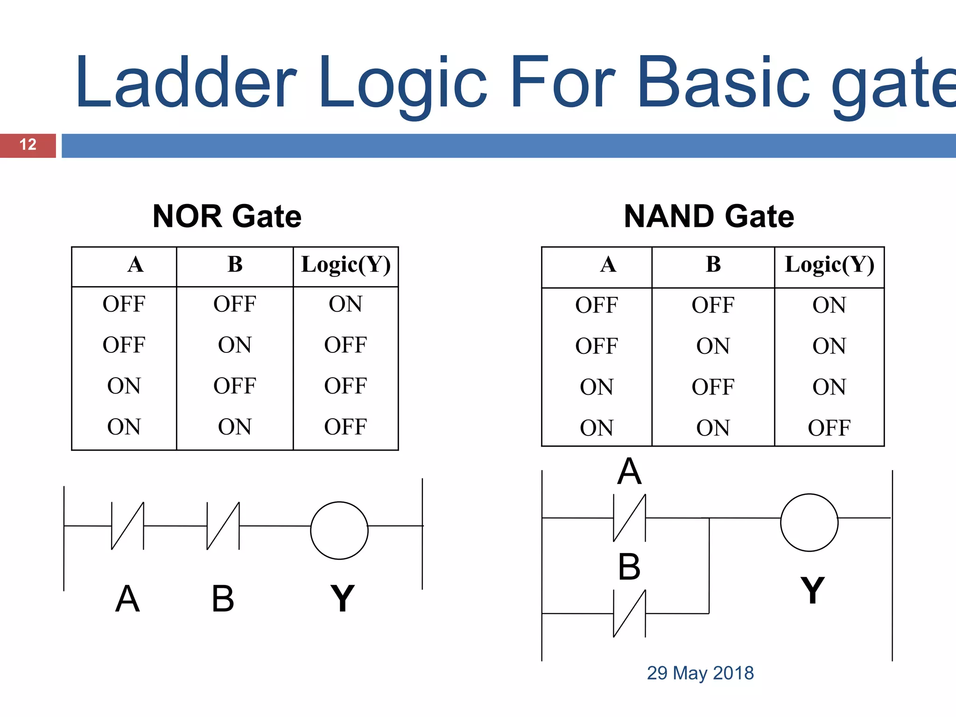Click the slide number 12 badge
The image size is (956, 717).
[x=28, y=145]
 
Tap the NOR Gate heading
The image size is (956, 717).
[x=227, y=217]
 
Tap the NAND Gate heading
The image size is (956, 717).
[x=709, y=217]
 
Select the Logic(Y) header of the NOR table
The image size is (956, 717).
[x=346, y=265]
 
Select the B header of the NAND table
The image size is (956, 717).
[x=713, y=265]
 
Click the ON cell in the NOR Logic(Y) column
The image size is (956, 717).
[x=345, y=304]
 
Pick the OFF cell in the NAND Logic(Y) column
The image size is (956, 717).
[x=829, y=428]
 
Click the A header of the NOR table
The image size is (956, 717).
[x=135, y=265]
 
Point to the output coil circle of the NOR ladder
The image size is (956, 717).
[x=339, y=530]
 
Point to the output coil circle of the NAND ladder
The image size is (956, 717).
[x=809, y=522]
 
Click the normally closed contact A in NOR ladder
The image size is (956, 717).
[x=127, y=526]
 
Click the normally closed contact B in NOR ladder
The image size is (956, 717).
[x=223, y=526]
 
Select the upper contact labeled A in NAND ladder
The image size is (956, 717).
[x=629, y=518]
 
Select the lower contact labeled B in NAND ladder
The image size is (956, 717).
[x=629, y=613]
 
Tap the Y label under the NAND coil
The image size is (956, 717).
[x=812, y=590]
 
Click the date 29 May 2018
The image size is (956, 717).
[x=700, y=673]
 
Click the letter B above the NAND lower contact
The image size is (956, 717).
[x=629, y=567]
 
